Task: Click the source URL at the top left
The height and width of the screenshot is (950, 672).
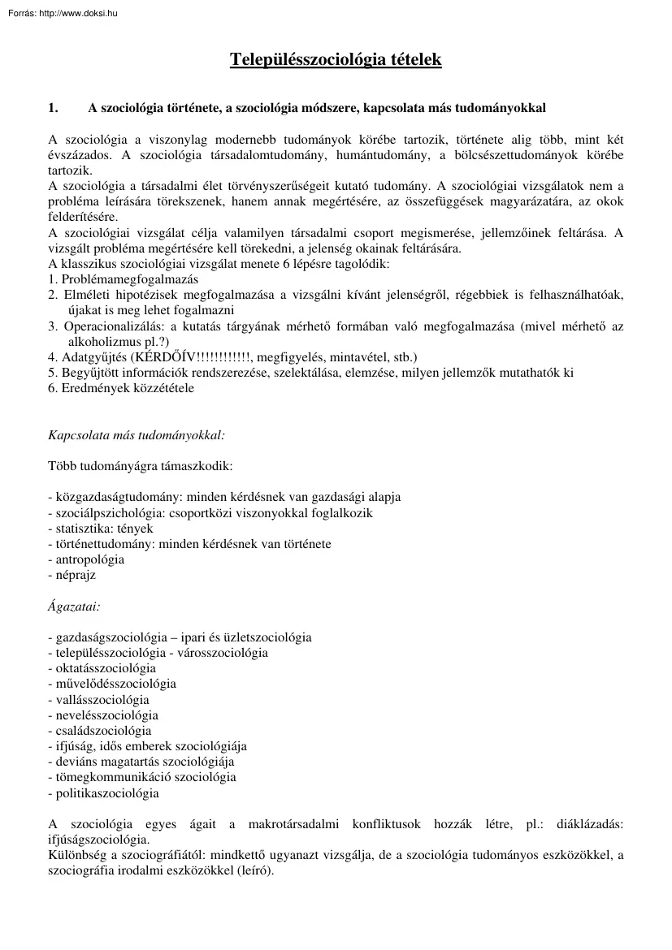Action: point(62,13)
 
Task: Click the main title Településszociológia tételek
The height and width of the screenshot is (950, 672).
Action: point(336,59)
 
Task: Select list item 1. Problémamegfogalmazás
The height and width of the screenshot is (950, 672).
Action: point(117,279)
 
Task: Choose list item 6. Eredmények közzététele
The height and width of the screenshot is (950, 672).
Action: point(121,388)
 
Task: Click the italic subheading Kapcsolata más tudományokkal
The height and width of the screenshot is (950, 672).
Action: point(137,435)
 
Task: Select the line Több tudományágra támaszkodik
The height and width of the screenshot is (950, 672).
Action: point(140,466)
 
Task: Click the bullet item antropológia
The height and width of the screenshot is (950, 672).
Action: point(88,559)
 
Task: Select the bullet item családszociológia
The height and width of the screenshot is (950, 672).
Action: point(102,731)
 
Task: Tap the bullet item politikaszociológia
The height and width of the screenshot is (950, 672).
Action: point(106,793)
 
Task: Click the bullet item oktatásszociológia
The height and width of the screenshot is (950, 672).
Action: point(104,668)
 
